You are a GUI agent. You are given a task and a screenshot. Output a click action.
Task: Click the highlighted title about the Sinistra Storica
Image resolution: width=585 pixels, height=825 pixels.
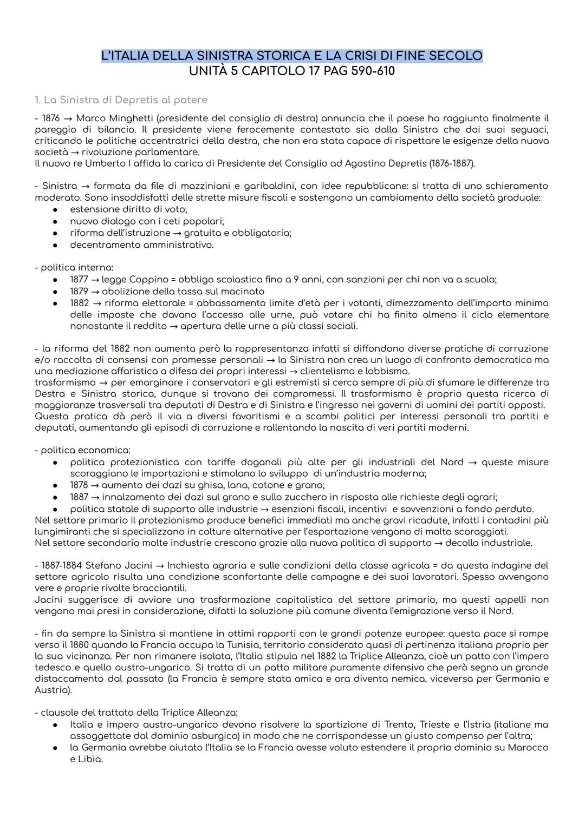pos(291,56)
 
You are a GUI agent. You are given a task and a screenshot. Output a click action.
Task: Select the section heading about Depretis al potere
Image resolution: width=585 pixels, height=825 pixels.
pos(121,100)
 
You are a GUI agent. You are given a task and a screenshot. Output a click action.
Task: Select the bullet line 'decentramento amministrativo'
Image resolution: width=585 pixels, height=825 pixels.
pos(141,245)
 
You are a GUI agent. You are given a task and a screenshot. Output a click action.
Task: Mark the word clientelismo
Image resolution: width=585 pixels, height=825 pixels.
pos(328,371)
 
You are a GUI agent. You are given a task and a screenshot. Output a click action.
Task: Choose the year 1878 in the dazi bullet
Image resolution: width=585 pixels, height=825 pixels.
pos(79,485)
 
